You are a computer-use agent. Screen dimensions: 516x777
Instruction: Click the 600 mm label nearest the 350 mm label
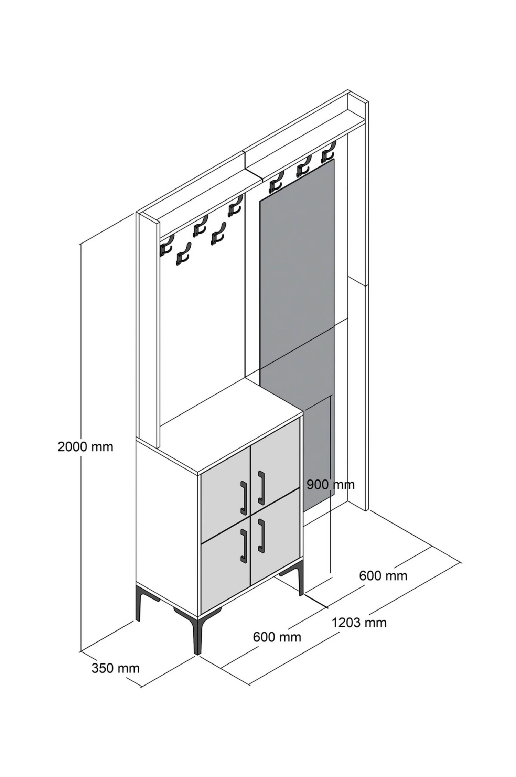[277, 637]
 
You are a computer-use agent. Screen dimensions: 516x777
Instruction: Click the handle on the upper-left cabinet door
[244, 497]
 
